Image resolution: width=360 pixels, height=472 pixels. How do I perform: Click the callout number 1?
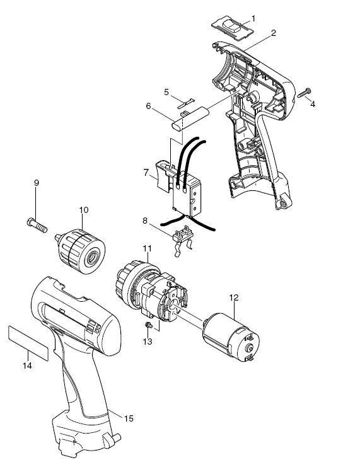[x=253, y=19]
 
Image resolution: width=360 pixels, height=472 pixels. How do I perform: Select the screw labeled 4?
[x=305, y=93]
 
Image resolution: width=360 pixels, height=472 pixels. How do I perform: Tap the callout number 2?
[x=273, y=33]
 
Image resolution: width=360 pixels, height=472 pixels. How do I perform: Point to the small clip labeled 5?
[x=186, y=103]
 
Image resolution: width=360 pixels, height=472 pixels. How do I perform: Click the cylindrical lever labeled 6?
[x=190, y=119]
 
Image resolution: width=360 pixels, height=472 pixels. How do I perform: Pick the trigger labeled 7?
[x=163, y=176]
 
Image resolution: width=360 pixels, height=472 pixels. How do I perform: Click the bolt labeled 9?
[x=37, y=225]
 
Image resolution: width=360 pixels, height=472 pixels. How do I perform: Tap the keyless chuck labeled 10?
[x=81, y=251]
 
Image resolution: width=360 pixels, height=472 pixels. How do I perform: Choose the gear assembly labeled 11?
[x=151, y=291]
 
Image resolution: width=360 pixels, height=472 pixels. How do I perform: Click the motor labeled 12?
[x=231, y=337]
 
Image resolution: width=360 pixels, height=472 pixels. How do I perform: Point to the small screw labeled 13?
[x=148, y=325]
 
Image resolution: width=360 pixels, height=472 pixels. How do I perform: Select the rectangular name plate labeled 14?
[x=28, y=343]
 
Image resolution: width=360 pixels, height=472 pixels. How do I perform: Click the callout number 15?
[x=129, y=418]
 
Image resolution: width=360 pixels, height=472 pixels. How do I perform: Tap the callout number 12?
[x=234, y=297]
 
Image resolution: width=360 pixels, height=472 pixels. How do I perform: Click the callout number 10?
[x=84, y=210]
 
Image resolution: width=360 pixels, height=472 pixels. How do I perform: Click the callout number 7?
[x=146, y=173]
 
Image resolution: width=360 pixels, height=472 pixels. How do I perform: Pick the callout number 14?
[x=27, y=366]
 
